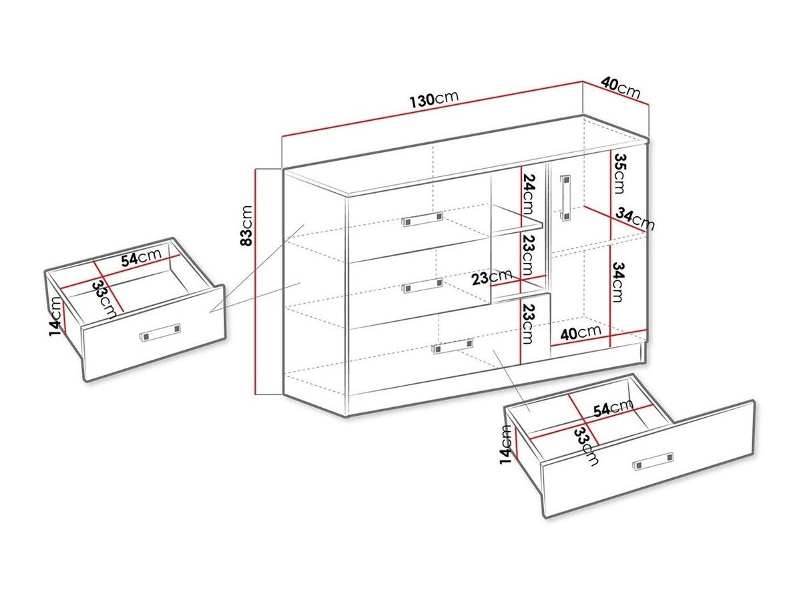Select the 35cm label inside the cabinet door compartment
pyautogui.click(x=619, y=173)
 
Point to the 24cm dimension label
pyautogui.click(x=528, y=192)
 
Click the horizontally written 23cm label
pyautogui.click(x=491, y=276)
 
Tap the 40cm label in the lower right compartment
pyautogui.click(x=580, y=331)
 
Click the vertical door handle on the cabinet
pyautogui.click(x=565, y=198)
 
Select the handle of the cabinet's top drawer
pyautogui.click(x=423, y=220)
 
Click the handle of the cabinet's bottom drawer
pyautogui.click(x=453, y=346)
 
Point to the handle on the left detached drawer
pyautogui.click(x=160, y=332)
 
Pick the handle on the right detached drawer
pyautogui.click(x=653, y=461)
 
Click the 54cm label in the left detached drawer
pyautogui.click(x=141, y=258)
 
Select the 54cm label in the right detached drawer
pyautogui.click(x=613, y=408)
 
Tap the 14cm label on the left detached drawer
pyautogui.click(x=55, y=317)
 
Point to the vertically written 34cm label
pyautogui.click(x=619, y=283)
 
